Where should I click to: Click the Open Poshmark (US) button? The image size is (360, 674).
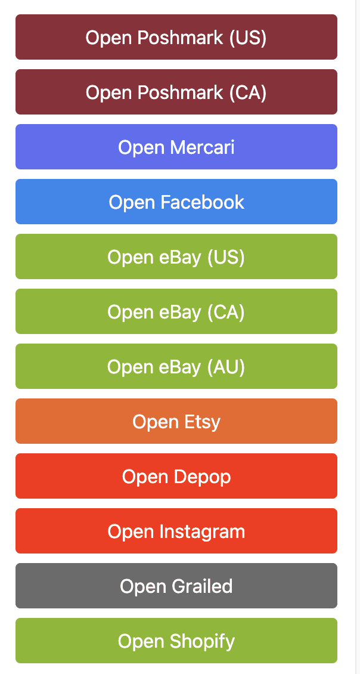click(176, 37)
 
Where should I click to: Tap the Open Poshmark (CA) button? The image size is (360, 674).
click(176, 92)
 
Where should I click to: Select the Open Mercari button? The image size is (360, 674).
click(176, 147)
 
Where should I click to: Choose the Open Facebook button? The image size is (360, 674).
click(176, 202)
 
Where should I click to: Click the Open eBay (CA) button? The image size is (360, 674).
click(176, 311)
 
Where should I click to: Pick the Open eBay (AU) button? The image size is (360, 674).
click(176, 366)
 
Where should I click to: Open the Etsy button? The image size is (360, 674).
click(176, 421)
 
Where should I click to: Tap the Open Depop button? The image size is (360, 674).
click(176, 476)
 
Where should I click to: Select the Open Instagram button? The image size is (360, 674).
click(176, 531)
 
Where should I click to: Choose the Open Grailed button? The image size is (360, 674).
click(176, 586)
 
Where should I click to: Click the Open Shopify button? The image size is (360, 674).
click(176, 641)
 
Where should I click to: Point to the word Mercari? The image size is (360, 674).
click(202, 147)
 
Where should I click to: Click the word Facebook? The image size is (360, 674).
click(202, 202)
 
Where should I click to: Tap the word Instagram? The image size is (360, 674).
click(202, 531)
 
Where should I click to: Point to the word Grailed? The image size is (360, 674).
click(202, 586)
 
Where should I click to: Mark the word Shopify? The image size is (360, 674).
click(202, 642)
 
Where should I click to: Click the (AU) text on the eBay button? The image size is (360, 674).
click(226, 367)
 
